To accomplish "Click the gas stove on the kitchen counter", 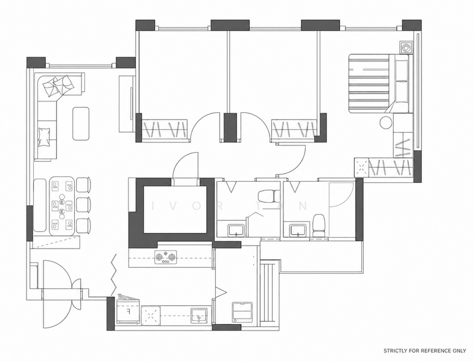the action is pyautogui.click(x=166, y=258).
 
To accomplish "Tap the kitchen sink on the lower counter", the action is pyautogui.click(x=199, y=316).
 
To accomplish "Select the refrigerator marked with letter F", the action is pyautogui.click(x=128, y=312).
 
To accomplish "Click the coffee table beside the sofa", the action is pyautogui.click(x=81, y=124).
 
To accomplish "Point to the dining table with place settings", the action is pyautogui.click(x=62, y=206).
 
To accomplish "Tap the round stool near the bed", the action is pyautogui.click(x=386, y=122).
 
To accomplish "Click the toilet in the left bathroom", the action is pyautogui.click(x=270, y=195).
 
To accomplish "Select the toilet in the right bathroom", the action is pyautogui.click(x=318, y=225).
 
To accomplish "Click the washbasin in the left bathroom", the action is pyautogui.click(x=236, y=230).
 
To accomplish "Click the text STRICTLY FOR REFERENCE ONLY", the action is pyautogui.click(x=425, y=351).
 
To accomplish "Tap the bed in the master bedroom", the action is pyautogui.click(x=379, y=83).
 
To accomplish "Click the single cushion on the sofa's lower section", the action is pyautogui.click(x=44, y=137).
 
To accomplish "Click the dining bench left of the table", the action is pyautogui.click(x=40, y=205).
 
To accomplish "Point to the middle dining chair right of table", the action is pyautogui.click(x=83, y=205).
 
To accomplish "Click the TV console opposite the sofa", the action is pyautogui.click(x=127, y=104).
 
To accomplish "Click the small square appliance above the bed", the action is pyautogui.click(x=405, y=47).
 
